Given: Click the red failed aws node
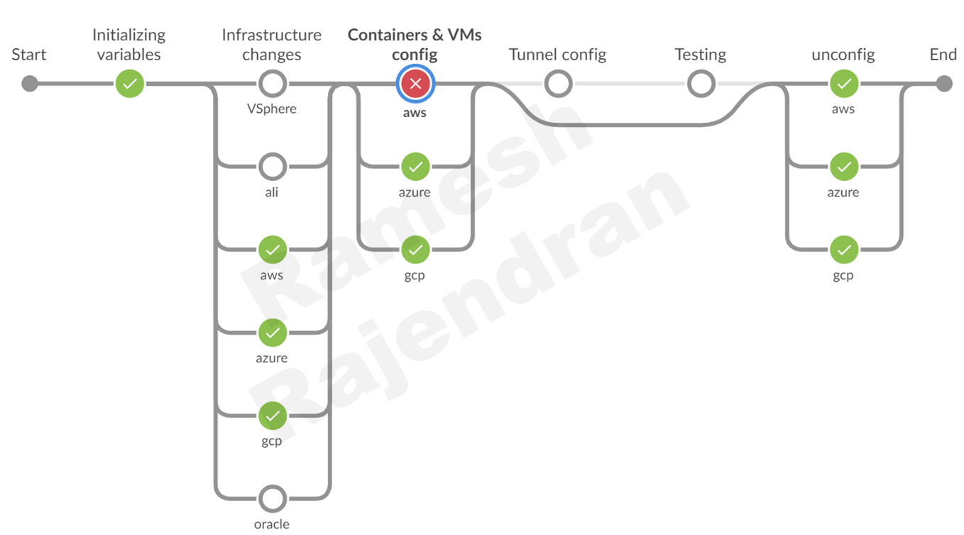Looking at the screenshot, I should coord(415,84).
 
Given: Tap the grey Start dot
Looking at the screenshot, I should coord(29,84).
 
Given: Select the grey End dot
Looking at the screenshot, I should coord(943,84).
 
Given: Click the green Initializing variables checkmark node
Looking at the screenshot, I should coord(130,84).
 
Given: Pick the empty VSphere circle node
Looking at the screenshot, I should coord(272,84).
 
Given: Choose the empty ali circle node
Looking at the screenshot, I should coord(272,167).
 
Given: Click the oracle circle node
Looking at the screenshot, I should coord(272,499).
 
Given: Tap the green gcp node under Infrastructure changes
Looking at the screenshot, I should coord(272,416).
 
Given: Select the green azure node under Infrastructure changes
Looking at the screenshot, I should coord(272,333).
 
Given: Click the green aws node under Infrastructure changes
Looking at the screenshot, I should coord(272,250).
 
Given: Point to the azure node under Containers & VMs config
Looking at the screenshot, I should coord(415,167).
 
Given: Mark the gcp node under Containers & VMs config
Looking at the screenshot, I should coord(415,250).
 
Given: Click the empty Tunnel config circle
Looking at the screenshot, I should coord(558,84).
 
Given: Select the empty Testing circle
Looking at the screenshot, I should coord(701,84).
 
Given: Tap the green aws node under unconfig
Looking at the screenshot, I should coord(843,84).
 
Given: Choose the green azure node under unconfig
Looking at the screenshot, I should coord(843,167).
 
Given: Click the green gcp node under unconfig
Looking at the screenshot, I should coord(843,250).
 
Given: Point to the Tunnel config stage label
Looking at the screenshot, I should coord(557,55).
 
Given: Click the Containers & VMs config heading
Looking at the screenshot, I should coord(415,45).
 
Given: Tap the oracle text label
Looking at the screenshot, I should coord(272,524).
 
